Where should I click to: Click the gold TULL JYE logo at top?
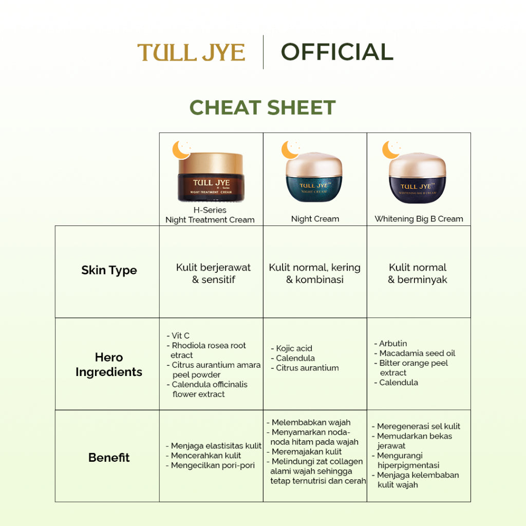coord(191,52)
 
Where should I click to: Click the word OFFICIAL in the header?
coord(337,52)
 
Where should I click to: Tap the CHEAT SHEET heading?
coord(262,107)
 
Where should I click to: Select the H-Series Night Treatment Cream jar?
coord(211,177)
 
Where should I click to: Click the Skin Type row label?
coord(109,270)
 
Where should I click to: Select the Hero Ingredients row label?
coord(109,365)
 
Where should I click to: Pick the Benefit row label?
coord(109,457)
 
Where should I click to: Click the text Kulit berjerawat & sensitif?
coord(213,273)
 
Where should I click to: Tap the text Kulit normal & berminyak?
coord(418,273)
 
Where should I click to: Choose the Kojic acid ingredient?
coord(294,348)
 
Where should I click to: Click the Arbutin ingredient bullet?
coord(392,343)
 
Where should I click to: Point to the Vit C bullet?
coord(180,336)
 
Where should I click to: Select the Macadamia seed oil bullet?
coord(417,353)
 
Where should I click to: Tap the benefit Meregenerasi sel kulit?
coord(418,426)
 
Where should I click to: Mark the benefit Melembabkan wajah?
coord(311,422)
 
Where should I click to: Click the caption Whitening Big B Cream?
coord(419,219)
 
